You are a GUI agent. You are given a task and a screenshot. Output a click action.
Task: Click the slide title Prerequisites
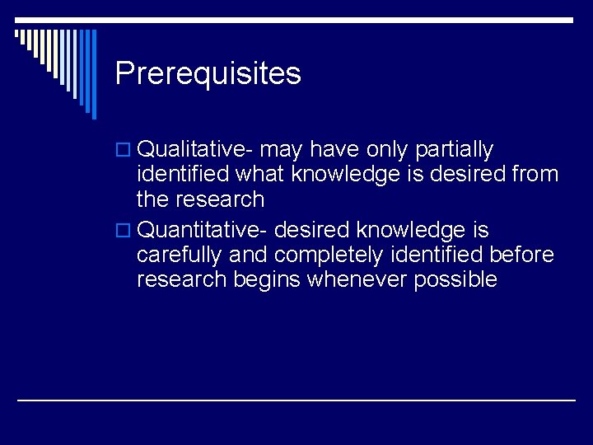[208, 74]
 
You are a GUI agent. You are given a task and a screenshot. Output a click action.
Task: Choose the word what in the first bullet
[260, 174]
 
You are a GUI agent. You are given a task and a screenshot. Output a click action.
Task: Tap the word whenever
[357, 279]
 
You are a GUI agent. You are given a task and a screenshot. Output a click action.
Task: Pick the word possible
[455, 280]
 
